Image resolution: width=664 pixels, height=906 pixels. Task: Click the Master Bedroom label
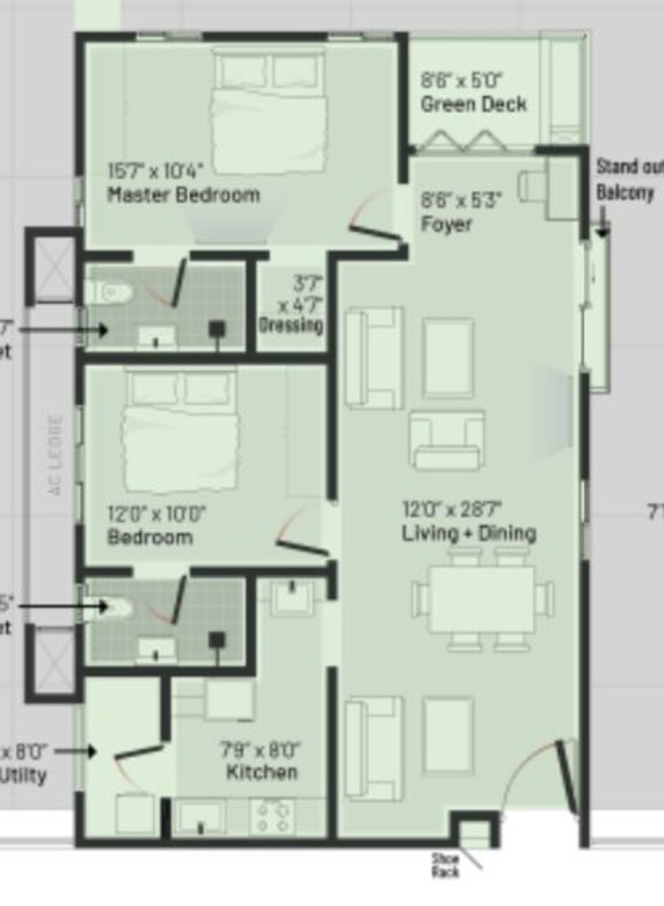[x=184, y=194]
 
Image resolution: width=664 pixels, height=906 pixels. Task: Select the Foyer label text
[x=447, y=224]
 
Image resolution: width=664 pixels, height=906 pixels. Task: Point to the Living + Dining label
[x=469, y=533]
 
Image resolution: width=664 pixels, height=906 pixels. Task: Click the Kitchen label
[x=261, y=771]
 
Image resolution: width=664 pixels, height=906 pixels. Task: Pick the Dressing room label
[x=291, y=325]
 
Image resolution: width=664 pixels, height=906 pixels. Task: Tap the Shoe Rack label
[x=445, y=865]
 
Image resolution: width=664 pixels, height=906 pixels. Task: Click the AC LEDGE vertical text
[x=55, y=455]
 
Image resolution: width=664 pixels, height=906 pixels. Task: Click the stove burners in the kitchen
[x=274, y=816]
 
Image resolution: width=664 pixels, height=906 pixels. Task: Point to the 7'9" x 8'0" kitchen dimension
[x=260, y=750]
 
